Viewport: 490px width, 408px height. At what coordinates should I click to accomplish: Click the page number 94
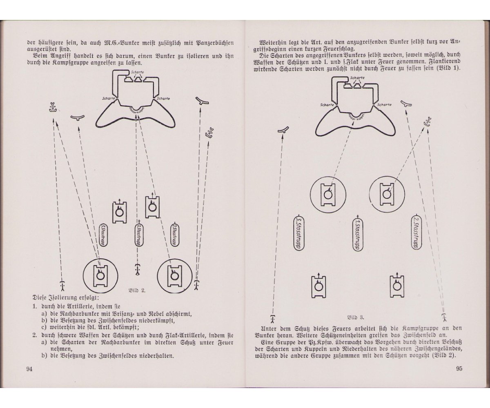click(29, 369)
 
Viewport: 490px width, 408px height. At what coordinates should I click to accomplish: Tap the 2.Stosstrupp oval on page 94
click(174, 235)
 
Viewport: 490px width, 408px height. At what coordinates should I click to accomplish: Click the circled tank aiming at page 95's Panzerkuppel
click(327, 194)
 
